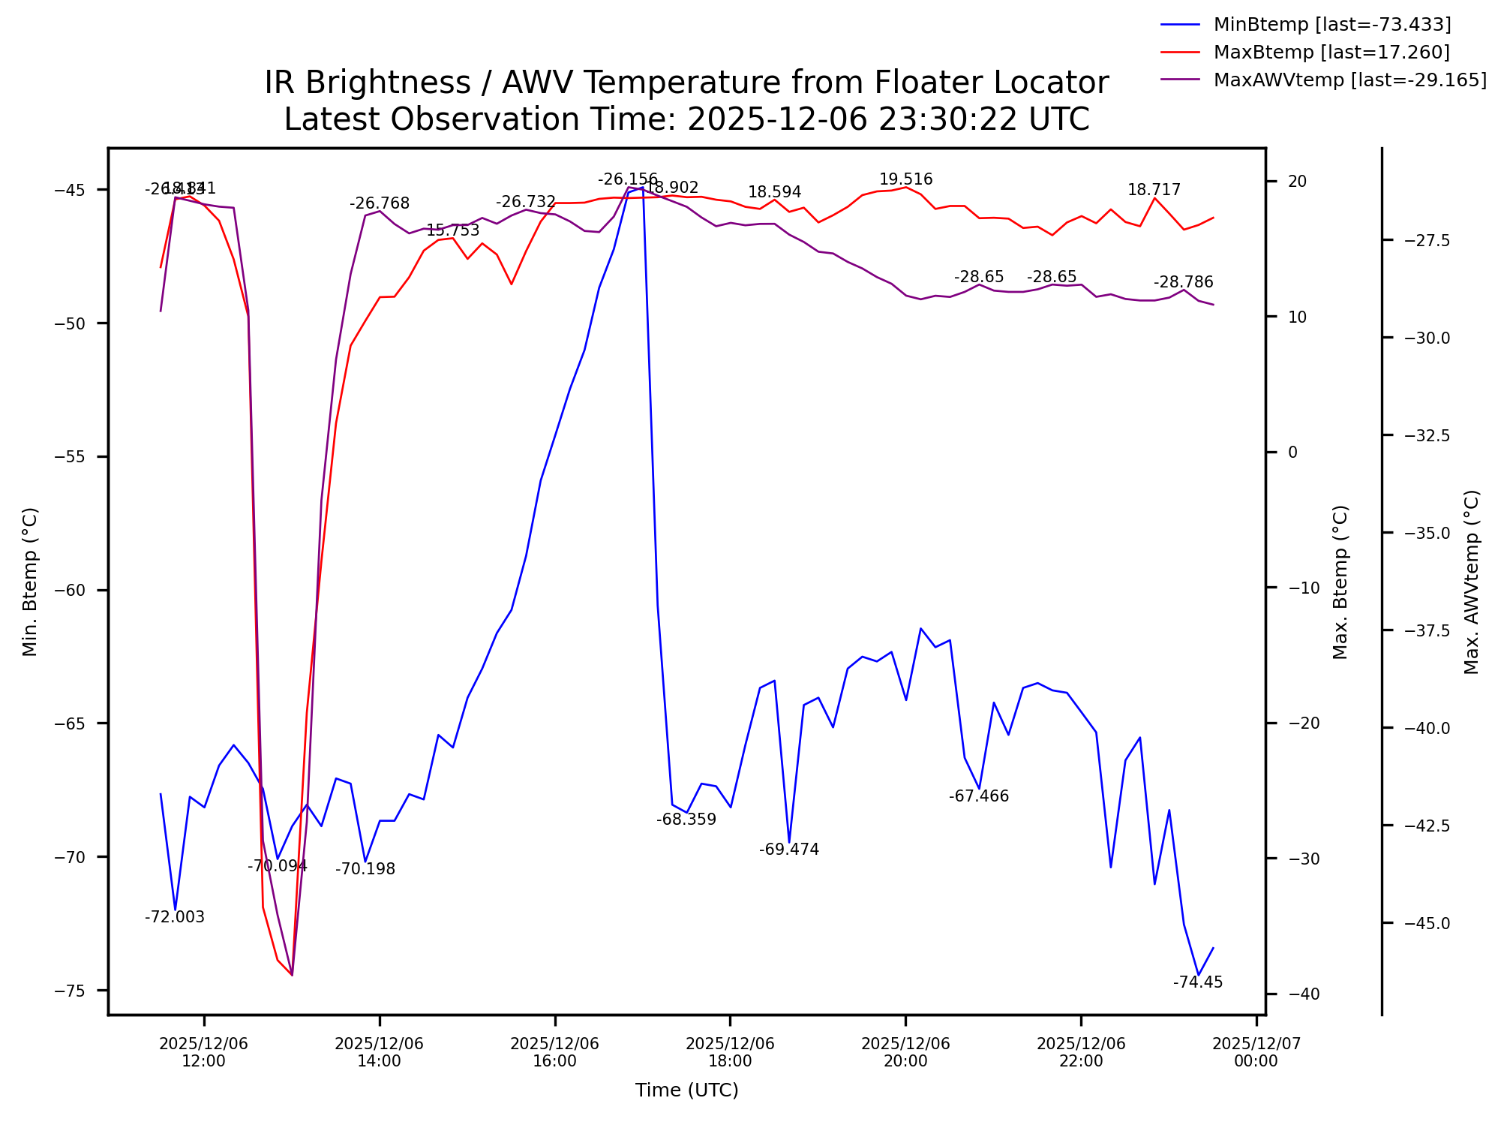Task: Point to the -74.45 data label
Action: pos(1198,982)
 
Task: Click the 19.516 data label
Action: pos(905,179)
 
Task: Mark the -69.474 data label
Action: pos(788,850)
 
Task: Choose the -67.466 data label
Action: pos(978,796)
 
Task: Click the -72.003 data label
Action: pos(174,917)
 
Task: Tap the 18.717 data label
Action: pos(1154,190)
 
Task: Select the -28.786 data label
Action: pos(1183,282)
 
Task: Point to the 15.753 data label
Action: pos(452,230)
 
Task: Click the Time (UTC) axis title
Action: pos(686,1090)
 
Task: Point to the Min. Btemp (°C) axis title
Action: pos(30,582)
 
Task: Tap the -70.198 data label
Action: pos(365,869)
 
